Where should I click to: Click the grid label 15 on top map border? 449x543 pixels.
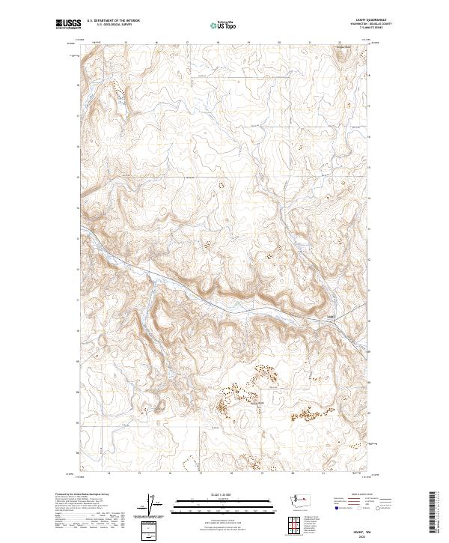tap(126, 43)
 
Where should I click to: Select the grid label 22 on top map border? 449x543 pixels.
tap(340, 43)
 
